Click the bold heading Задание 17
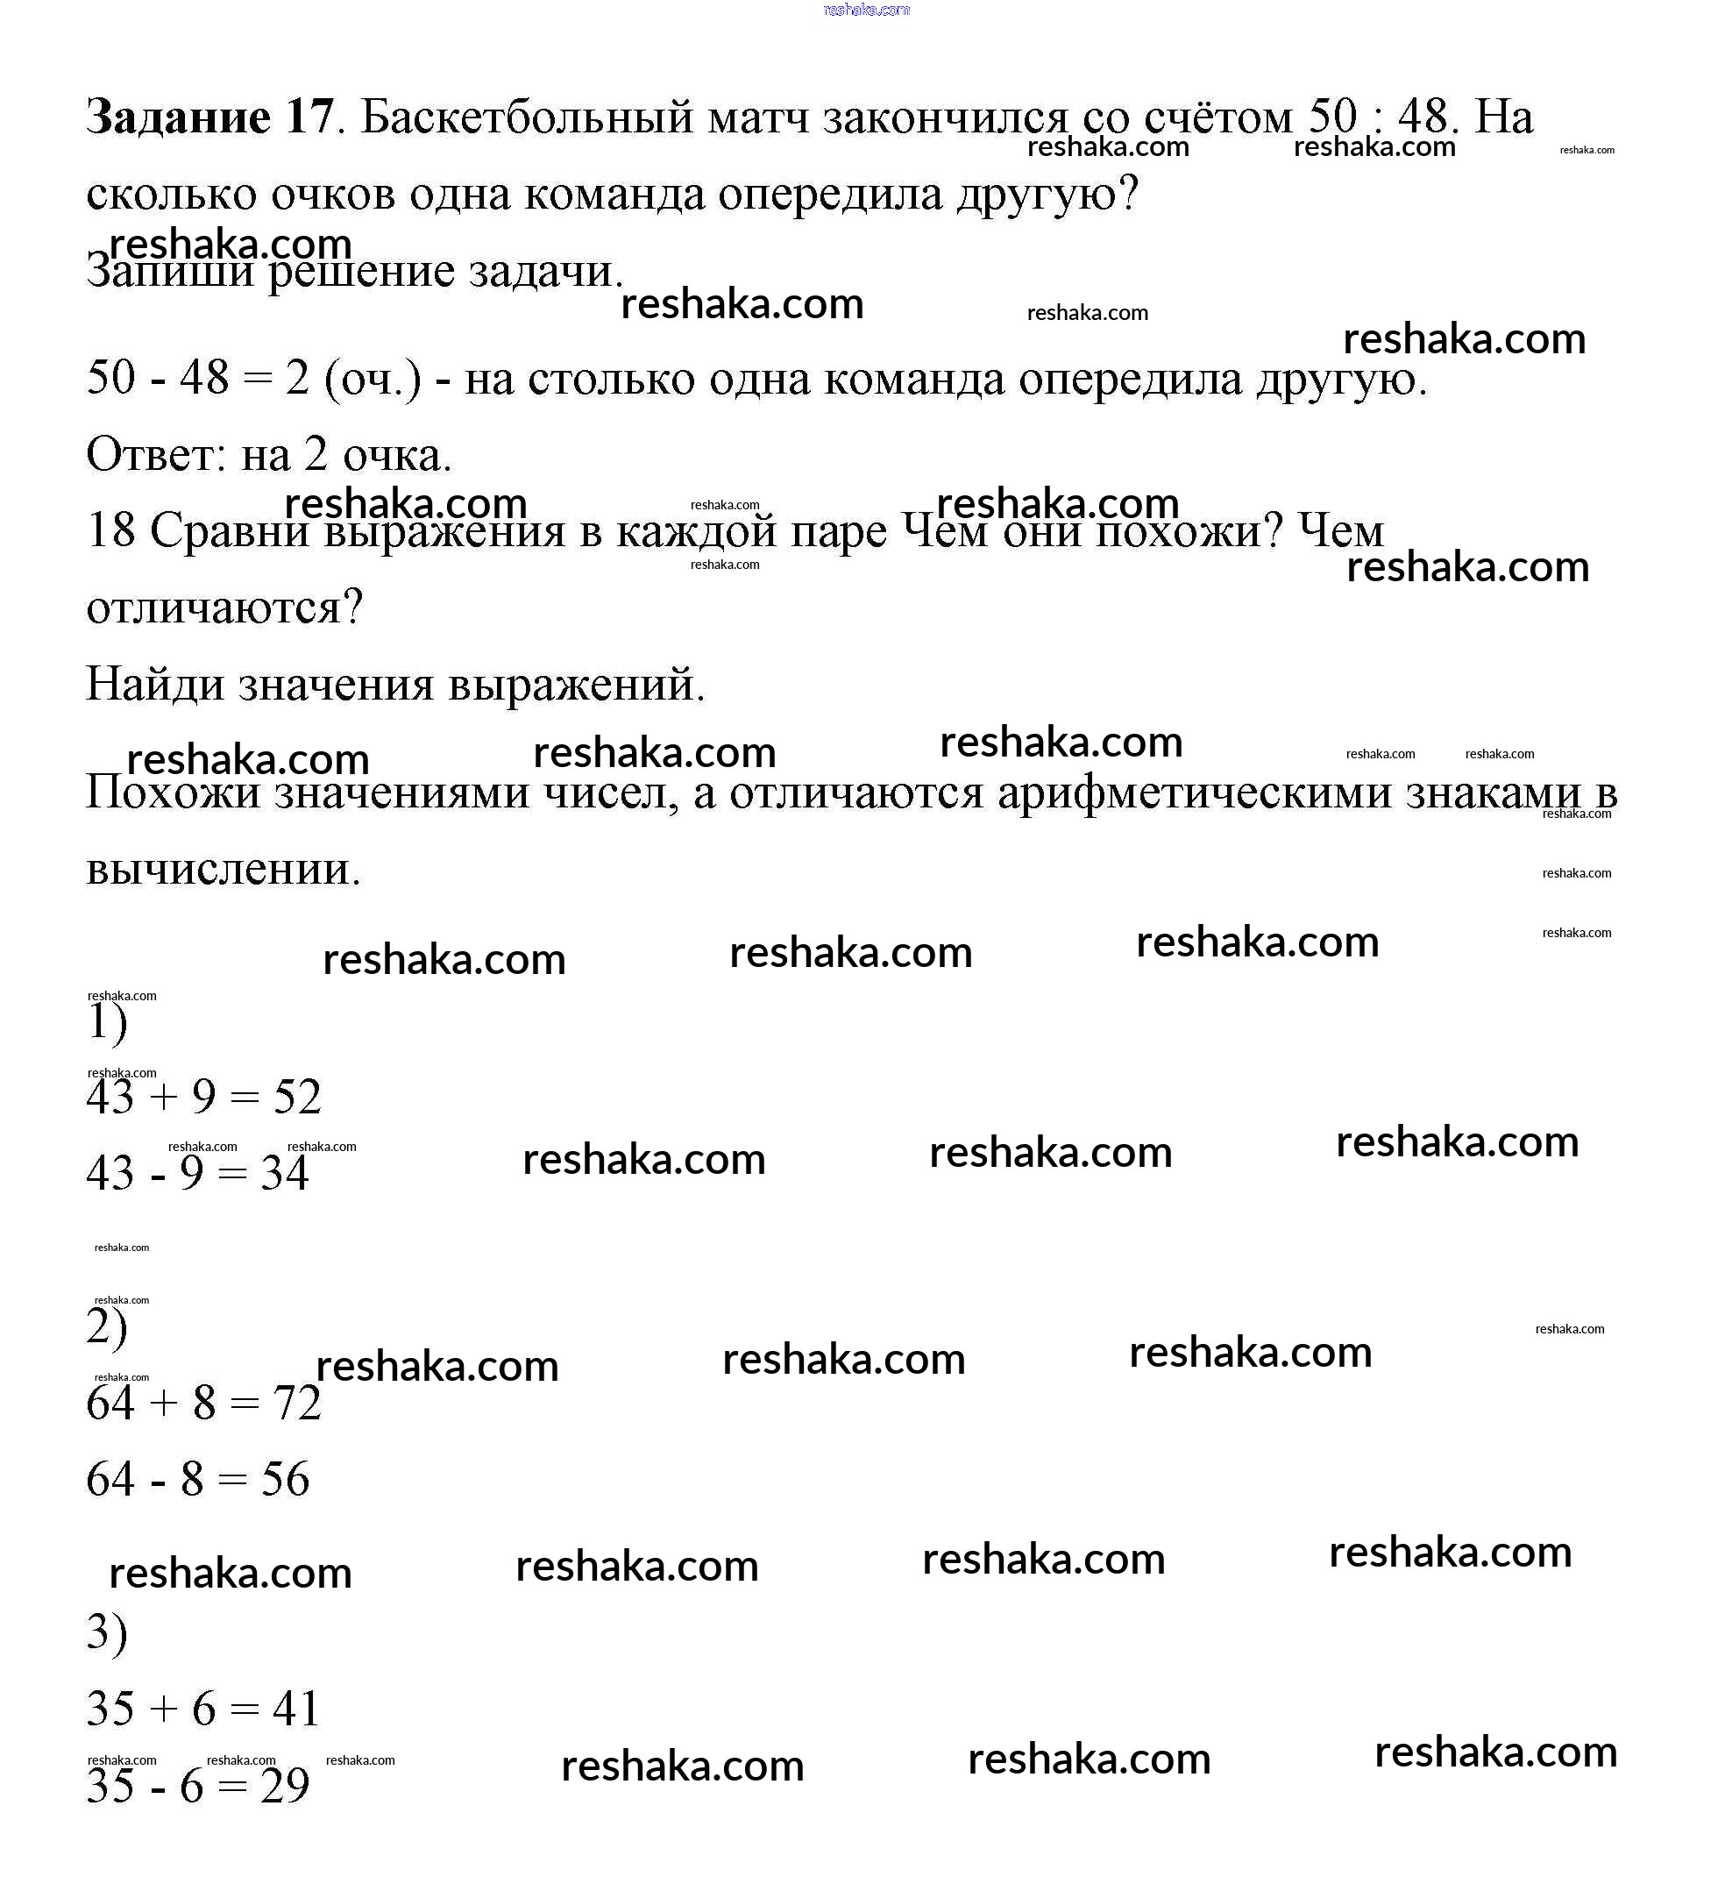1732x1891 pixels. pos(209,117)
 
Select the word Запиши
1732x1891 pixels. pos(170,272)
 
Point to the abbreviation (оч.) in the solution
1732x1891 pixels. pos(373,379)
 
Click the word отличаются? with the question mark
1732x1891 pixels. pos(224,608)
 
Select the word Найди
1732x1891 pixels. pos(155,685)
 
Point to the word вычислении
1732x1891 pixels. pos(223,870)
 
